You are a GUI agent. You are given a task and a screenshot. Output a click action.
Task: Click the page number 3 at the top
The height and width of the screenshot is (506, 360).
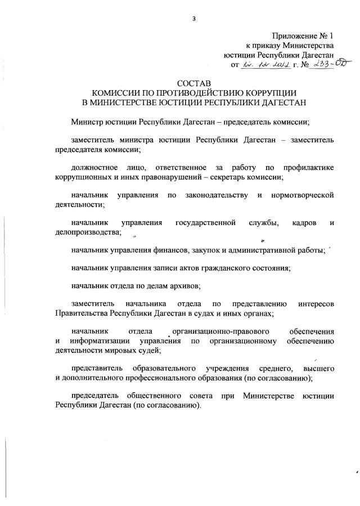[193, 19]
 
